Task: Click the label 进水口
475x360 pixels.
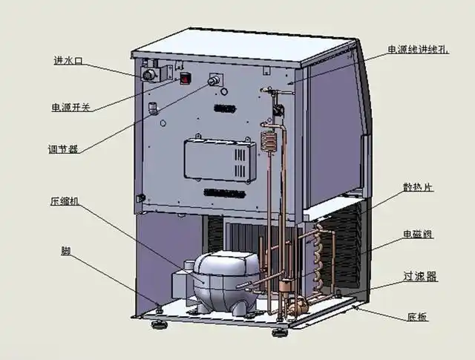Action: point(68,61)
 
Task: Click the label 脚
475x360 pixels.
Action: point(65,250)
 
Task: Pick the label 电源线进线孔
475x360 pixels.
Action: point(419,50)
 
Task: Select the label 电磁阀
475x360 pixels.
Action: point(418,235)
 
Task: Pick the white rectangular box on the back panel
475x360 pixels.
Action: point(222,158)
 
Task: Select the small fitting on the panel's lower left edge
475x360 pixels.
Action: point(140,198)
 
